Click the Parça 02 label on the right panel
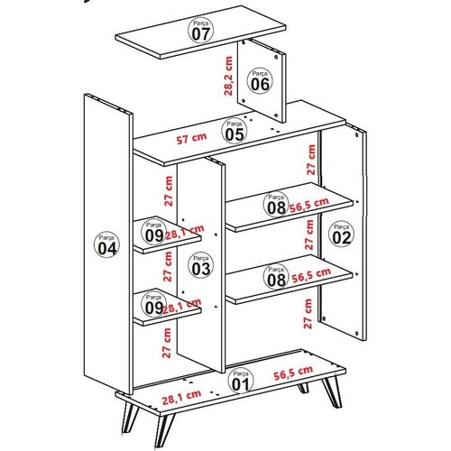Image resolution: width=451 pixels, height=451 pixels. pyautogui.click(x=340, y=234)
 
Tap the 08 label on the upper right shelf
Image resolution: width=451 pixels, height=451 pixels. pyautogui.click(x=275, y=205)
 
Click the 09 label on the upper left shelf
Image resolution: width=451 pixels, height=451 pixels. pyautogui.click(x=153, y=233)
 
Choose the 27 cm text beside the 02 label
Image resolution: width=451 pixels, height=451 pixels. pyautogui.click(x=310, y=235)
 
